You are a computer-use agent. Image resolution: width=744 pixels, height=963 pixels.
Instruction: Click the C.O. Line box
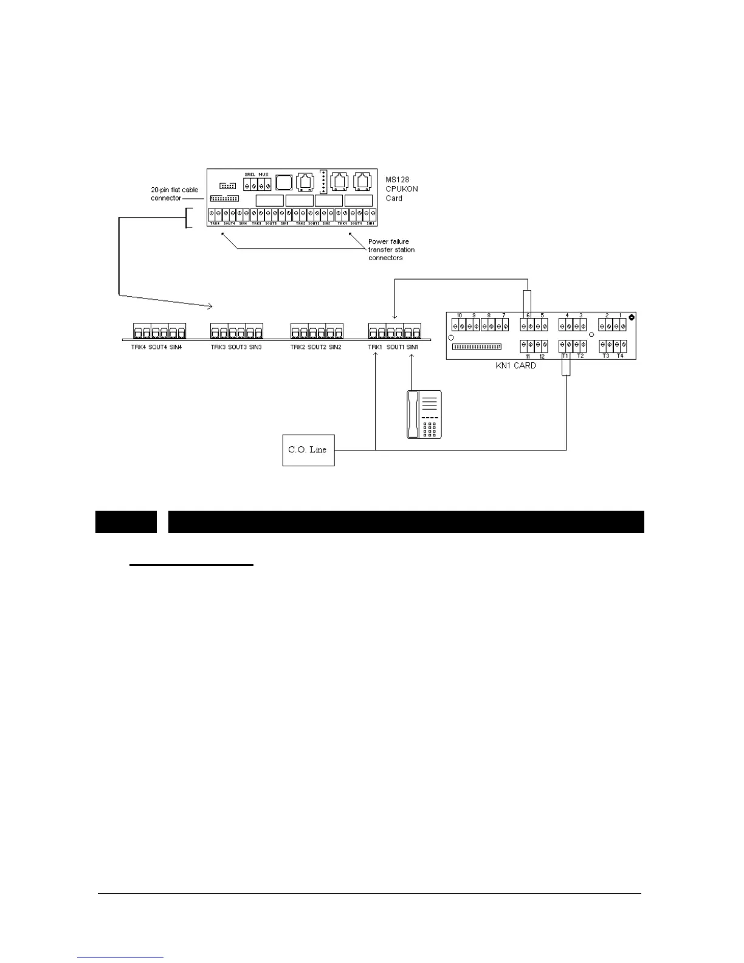tap(308, 450)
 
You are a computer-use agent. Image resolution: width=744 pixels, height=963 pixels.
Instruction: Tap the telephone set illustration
tap(424, 414)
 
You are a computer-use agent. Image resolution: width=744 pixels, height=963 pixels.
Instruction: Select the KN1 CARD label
tap(516, 366)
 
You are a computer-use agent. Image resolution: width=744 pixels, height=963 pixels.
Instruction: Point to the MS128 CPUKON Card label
tap(401, 189)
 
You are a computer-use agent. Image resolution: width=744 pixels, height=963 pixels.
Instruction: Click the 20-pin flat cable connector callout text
tap(174, 194)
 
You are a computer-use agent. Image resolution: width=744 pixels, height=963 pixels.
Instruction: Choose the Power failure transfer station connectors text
tap(391, 250)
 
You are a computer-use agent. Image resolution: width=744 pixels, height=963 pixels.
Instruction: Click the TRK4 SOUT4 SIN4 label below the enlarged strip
tap(156, 347)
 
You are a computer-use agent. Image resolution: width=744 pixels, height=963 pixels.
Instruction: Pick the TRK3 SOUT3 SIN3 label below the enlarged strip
tap(236, 347)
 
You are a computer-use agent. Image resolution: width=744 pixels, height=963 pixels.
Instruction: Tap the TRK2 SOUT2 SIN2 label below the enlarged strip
tap(315, 347)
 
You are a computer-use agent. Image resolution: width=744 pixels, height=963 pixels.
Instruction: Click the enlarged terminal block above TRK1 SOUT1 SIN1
tap(394, 331)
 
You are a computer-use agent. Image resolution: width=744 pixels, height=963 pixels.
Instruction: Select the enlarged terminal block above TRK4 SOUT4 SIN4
tap(159, 331)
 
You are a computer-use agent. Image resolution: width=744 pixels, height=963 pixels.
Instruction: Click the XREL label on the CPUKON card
tap(249, 174)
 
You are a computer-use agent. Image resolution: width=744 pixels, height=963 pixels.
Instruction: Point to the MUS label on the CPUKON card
tap(263, 174)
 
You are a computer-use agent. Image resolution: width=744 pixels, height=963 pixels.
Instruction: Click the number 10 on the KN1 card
tap(459, 316)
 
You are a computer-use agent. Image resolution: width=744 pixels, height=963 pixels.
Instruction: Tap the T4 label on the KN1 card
tap(620, 356)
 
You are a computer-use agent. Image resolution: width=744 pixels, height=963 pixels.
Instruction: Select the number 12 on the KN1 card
tap(542, 356)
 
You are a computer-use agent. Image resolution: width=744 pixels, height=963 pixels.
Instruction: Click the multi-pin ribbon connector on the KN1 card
tap(477, 347)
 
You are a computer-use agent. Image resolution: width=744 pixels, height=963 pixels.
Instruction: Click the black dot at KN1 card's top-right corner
tap(632, 317)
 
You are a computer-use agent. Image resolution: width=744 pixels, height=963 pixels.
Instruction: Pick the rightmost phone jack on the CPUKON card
tap(362, 182)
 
